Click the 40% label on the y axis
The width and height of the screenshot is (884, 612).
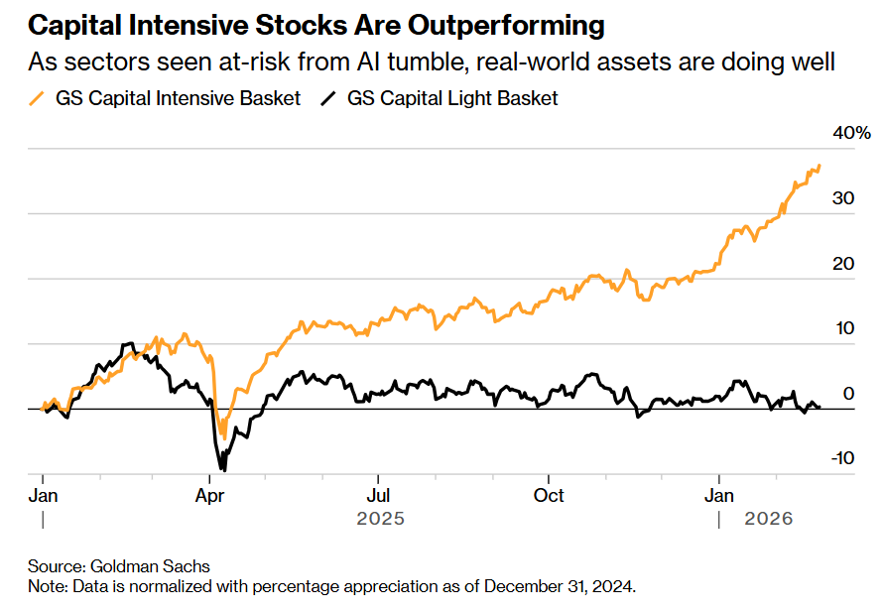pyautogui.click(x=851, y=133)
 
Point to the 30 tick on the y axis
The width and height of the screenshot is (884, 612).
pyautogui.click(x=843, y=198)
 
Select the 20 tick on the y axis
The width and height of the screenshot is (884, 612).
pyautogui.click(x=843, y=264)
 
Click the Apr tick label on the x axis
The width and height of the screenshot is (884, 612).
pyautogui.click(x=209, y=495)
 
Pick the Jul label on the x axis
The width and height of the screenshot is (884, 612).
pyautogui.click(x=378, y=495)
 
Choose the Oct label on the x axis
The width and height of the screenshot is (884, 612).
pyautogui.click(x=549, y=495)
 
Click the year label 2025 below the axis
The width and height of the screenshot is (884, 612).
pyautogui.click(x=381, y=518)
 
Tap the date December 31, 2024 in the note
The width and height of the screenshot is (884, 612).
pyautogui.click(x=558, y=586)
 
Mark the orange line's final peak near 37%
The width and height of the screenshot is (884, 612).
pyautogui.click(x=820, y=166)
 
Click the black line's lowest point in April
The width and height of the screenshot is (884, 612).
pyautogui.click(x=223, y=470)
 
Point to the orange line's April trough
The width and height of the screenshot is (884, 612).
pyautogui.click(x=224, y=437)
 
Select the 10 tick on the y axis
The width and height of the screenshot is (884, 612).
pyautogui.click(x=843, y=328)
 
